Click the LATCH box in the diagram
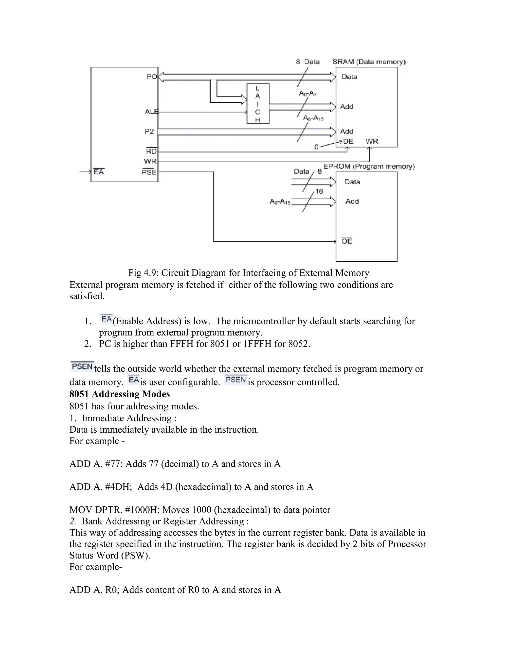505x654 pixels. coord(258,104)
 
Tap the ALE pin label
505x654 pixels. coord(151,112)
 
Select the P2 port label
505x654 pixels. coord(149,132)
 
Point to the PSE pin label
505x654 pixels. coord(149,172)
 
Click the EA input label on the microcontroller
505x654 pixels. coord(99,172)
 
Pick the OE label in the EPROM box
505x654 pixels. coord(346,241)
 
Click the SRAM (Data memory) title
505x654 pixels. coord(369,62)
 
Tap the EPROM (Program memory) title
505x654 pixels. coord(369,167)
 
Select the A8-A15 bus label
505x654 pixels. coord(313,118)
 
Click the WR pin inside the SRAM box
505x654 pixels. coord(372,141)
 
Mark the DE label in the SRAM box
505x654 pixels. coord(348,141)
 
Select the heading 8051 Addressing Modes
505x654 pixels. coord(119,394)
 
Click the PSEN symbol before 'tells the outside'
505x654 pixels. coord(82,367)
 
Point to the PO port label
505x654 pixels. coord(152,77)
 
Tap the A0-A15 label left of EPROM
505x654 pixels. coord(280,202)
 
